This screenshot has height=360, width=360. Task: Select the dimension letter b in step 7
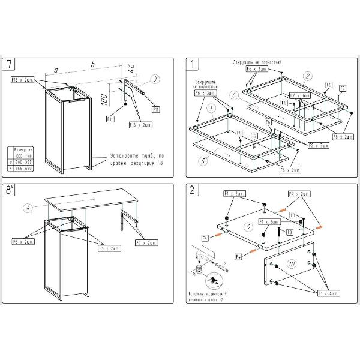(x=92, y=64)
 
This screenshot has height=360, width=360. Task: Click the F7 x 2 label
(x=148, y=242)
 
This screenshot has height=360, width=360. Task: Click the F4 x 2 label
(x=299, y=194)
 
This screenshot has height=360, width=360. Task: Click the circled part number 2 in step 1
(x=307, y=76)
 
